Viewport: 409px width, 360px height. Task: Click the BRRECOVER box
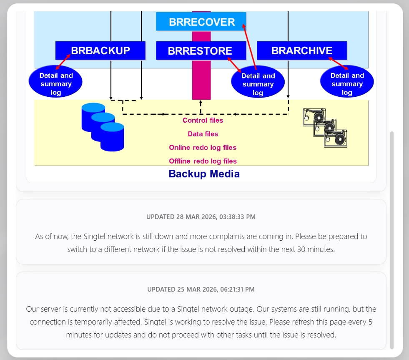point(201,22)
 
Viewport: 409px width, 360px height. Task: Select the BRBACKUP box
point(100,50)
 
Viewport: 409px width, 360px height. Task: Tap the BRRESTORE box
point(200,51)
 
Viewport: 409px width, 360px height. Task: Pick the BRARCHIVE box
point(301,50)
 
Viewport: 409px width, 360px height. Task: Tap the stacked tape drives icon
point(325,128)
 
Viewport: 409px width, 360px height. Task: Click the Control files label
point(203,121)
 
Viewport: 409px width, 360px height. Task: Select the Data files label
point(203,134)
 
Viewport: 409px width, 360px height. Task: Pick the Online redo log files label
point(203,148)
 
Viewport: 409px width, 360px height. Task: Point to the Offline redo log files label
point(203,161)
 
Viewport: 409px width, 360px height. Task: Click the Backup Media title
point(204,174)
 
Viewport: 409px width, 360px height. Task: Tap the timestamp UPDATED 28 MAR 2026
point(201,217)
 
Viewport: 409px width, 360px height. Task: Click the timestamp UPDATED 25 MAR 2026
point(201,289)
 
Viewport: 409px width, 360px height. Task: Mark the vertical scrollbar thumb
point(391,240)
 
